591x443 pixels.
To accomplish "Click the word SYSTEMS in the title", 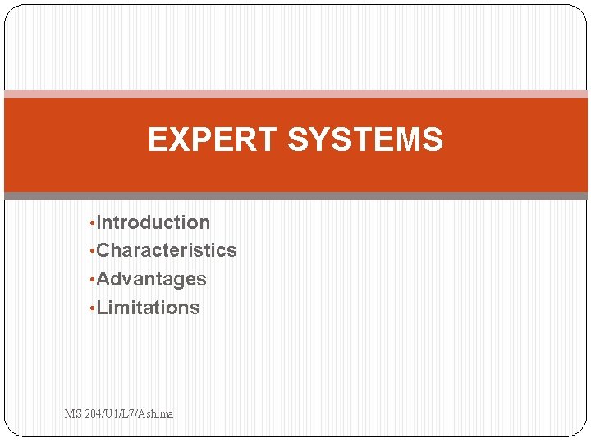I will pyautogui.click(x=365, y=140).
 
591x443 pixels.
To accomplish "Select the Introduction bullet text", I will pyautogui.click(x=153, y=222).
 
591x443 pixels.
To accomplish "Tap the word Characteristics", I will pyautogui.click(x=167, y=250).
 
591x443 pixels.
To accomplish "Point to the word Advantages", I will pyautogui.click(x=152, y=279).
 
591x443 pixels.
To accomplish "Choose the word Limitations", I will pyautogui.click(x=149, y=308).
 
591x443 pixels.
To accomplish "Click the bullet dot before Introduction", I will pyautogui.click(x=92, y=223).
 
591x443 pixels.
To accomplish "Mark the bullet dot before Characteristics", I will pyautogui.click(x=92, y=251).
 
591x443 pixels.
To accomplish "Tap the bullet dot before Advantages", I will pyautogui.click(x=92, y=280).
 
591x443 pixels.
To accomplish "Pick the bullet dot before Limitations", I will pyautogui.click(x=92, y=308).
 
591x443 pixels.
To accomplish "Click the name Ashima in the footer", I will pyautogui.click(x=156, y=414).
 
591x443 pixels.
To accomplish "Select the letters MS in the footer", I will pyautogui.click(x=72, y=414).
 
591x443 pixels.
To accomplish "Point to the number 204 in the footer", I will pyautogui.click(x=92, y=414).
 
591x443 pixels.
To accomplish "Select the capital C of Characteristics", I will pyautogui.click(x=103, y=250).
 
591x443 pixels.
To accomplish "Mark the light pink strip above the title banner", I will pyautogui.click(x=295, y=94).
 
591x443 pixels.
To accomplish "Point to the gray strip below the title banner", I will pyautogui.click(x=295, y=196).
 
